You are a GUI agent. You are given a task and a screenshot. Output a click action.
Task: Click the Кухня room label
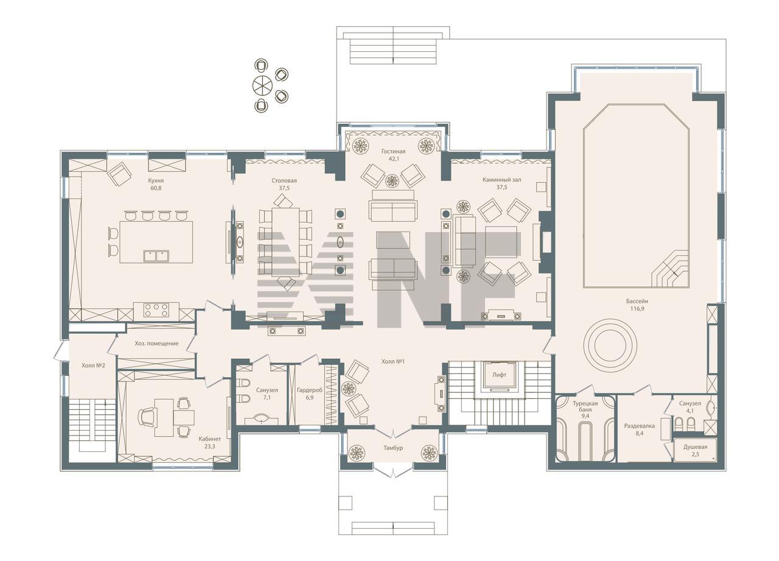[x=156, y=181]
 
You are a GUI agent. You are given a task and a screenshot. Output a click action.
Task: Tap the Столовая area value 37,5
[x=284, y=188]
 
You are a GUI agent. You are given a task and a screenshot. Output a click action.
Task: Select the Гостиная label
[x=393, y=152]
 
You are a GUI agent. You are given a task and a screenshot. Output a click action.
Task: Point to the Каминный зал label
[x=501, y=180]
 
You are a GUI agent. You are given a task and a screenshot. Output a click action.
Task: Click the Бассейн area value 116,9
[x=637, y=308]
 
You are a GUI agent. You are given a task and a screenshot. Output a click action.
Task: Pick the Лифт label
[x=499, y=375]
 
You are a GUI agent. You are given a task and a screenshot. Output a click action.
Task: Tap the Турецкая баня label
[x=585, y=406]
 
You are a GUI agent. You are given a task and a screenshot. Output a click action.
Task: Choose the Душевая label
[x=695, y=447]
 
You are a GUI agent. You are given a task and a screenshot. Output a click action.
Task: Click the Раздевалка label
[x=639, y=426]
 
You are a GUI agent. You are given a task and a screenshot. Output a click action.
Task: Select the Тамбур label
[x=393, y=448]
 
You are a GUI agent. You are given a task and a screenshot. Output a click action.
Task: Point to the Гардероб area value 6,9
[x=310, y=397]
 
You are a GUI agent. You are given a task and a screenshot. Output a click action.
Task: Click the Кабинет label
[x=210, y=439]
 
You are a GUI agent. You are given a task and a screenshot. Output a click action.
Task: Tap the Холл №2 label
[x=93, y=365]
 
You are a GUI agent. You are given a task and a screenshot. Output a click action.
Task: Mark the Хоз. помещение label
[x=156, y=344]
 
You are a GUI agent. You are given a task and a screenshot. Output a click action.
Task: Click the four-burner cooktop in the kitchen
[x=156, y=310]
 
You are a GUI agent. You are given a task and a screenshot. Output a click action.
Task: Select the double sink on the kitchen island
[x=156, y=256]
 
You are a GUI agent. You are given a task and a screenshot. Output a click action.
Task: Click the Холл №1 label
[x=393, y=362]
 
